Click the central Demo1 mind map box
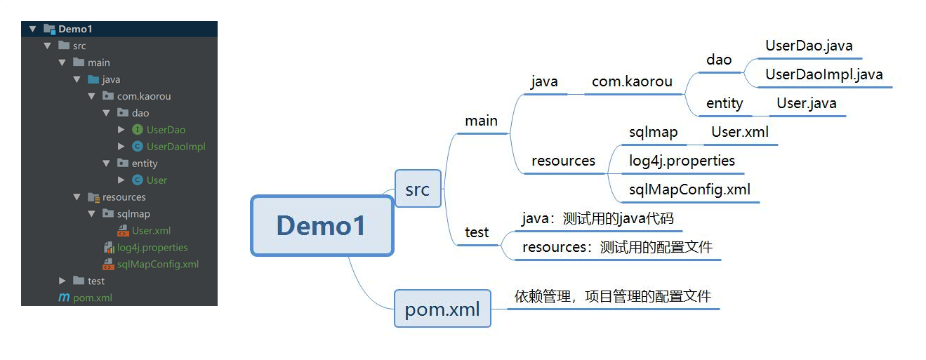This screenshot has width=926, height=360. [x=322, y=225]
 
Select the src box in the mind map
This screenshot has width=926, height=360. [x=418, y=189]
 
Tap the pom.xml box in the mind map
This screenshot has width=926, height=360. [x=442, y=309]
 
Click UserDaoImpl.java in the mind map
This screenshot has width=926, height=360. [x=824, y=74]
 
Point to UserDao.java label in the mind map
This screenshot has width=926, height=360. [x=809, y=46]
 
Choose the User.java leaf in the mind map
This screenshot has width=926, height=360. [x=806, y=104]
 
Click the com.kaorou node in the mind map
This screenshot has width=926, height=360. [x=632, y=82]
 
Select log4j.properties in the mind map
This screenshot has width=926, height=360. [x=682, y=161]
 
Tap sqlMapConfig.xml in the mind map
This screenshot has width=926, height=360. [x=689, y=189]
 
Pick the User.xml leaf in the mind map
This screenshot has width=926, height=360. [x=740, y=132]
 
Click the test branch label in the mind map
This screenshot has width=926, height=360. [x=477, y=232]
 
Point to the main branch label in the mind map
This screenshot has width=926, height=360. [x=481, y=121]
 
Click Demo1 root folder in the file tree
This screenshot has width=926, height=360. [x=75, y=29]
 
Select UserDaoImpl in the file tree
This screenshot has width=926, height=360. [x=176, y=147]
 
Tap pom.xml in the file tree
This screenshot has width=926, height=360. [x=93, y=298]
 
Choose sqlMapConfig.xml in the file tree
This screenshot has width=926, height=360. [x=158, y=265]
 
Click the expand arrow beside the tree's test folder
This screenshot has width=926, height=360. [x=62, y=281]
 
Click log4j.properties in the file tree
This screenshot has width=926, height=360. [x=152, y=248]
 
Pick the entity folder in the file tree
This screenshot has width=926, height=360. [x=145, y=164]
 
